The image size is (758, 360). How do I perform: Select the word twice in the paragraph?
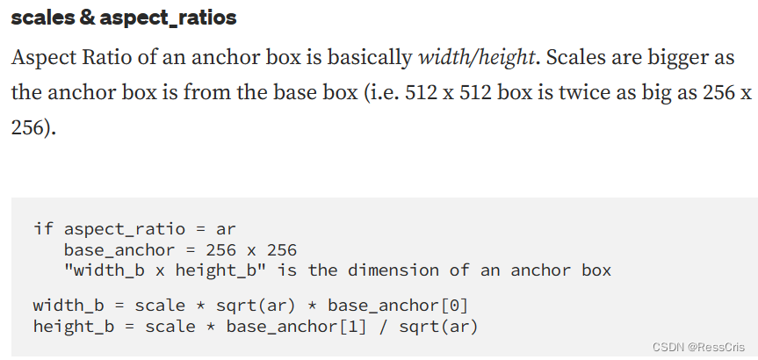point(577,93)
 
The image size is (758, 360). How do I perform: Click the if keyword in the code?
point(43,228)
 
